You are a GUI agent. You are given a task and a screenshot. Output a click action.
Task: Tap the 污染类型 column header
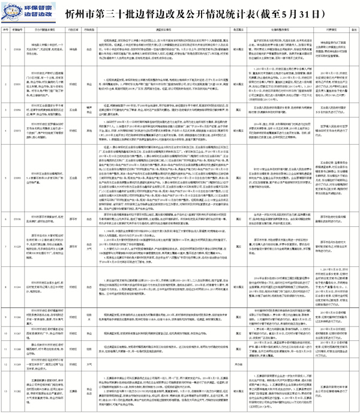click(88, 28)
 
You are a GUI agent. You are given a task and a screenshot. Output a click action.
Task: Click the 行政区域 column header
click(73, 28)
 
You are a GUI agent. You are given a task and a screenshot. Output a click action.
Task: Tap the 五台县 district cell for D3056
click(73, 110)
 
